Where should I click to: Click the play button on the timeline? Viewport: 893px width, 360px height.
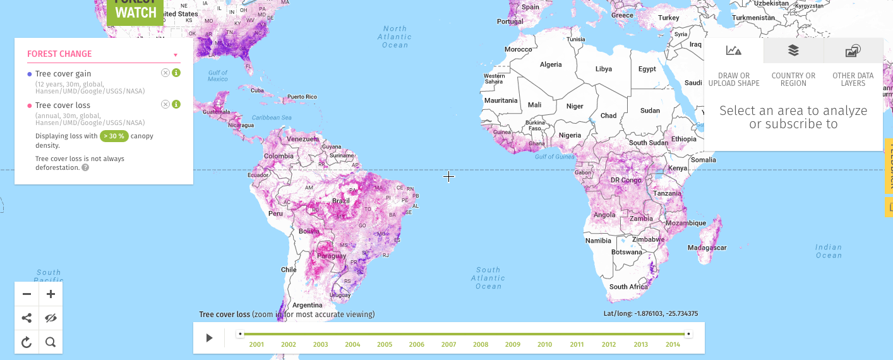click(x=209, y=338)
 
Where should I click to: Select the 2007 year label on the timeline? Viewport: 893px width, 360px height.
click(x=448, y=345)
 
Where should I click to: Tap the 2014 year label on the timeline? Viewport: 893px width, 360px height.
click(x=673, y=345)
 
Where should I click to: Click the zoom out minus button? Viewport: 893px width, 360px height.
click(x=27, y=294)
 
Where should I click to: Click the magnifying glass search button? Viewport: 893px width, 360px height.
click(x=51, y=342)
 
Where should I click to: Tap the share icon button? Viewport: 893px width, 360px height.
click(x=27, y=318)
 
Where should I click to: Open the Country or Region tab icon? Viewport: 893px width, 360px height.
click(x=793, y=51)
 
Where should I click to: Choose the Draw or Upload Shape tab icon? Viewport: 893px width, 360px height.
click(x=733, y=51)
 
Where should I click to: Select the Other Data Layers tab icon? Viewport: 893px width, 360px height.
click(x=853, y=51)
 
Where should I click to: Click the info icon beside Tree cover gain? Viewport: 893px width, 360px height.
click(x=176, y=73)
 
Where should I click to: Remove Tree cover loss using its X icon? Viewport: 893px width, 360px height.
click(x=165, y=104)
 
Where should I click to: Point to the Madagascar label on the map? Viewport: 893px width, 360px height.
click(x=707, y=248)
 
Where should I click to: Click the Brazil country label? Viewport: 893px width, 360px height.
click(x=341, y=201)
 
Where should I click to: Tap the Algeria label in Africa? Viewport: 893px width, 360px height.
click(x=551, y=64)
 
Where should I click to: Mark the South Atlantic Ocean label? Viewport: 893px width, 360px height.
click(x=488, y=278)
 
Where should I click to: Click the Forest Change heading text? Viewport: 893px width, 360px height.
click(x=59, y=54)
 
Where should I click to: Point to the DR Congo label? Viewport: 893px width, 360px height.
click(x=625, y=180)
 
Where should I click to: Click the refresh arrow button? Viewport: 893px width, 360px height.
click(x=27, y=342)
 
